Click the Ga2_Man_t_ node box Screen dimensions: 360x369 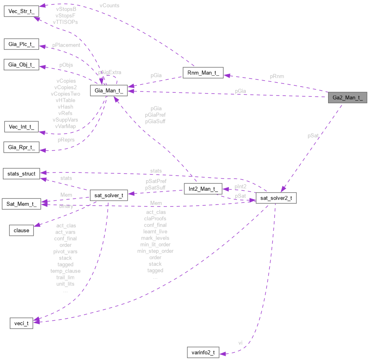click(x=348, y=98)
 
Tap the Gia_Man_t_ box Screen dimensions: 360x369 click(x=109, y=91)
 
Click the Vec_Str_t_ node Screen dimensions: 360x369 click(x=21, y=11)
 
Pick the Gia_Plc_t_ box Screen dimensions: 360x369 click(x=21, y=44)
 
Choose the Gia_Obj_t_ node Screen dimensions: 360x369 click(x=21, y=65)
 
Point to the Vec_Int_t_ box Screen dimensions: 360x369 click(x=21, y=126)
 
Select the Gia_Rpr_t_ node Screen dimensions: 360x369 click(x=21, y=147)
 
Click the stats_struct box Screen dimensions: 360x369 click(x=21, y=174)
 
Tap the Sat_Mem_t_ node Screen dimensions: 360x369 click(x=21, y=204)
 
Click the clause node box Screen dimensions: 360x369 click(x=21, y=230)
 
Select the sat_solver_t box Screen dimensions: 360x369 click(x=109, y=195)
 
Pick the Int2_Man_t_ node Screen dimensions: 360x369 click(x=203, y=189)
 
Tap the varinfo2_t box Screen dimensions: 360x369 click(x=203, y=352)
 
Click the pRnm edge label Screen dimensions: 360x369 click(x=277, y=76)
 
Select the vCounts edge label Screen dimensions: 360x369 click(x=109, y=6)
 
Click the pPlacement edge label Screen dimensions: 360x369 click(x=66, y=45)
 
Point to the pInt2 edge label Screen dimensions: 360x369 click(x=240, y=186)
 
